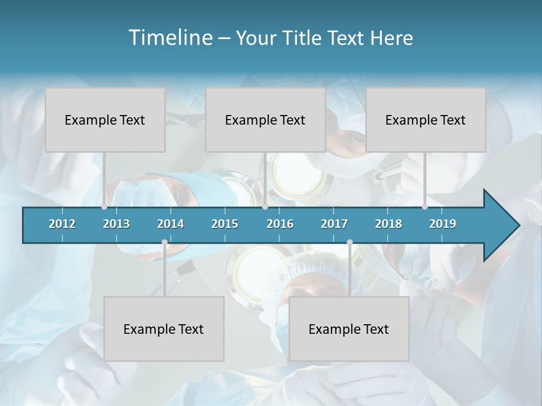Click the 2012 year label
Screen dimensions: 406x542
[62, 224]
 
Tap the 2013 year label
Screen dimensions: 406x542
[116, 224]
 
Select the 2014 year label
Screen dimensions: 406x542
[171, 224]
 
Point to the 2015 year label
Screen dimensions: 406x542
[225, 224]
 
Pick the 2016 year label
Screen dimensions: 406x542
[280, 224]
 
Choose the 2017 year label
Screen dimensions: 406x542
[334, 224]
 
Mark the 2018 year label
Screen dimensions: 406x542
[388, 224]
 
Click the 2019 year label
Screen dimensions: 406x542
[443, 224]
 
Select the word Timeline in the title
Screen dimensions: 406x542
[169, 37]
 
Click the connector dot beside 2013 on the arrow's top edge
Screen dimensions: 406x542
[104, 207]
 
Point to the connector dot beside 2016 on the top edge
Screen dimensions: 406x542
[265, 207]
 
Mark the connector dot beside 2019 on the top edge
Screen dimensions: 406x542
[425, 207]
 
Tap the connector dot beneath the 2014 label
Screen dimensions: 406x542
[164, 242]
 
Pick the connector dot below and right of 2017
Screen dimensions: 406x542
[349, 242]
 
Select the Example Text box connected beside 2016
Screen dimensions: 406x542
[265, 120]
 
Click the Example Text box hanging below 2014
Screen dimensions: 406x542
[164, 329]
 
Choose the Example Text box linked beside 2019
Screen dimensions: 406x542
[426, 120]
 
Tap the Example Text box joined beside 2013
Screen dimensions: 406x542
[105, 120]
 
